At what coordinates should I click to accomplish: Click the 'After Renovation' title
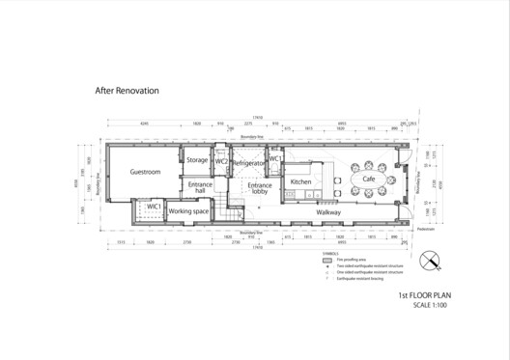tap(127, 91)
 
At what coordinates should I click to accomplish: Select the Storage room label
tap(197, 159)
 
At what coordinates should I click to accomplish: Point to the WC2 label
tap(222, 161)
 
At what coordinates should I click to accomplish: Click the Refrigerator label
tap(250, 165)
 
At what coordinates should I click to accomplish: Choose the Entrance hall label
tap(201, 187)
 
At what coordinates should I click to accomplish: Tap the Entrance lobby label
tap(260, 188)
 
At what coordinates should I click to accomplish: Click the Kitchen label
tap(301, 181)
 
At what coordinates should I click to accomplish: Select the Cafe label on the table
tap(369, 180)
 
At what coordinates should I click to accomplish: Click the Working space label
tap(189, 210)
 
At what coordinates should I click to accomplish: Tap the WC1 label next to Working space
tap(153, 207)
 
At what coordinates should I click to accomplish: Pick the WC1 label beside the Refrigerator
tap(274, 158)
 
